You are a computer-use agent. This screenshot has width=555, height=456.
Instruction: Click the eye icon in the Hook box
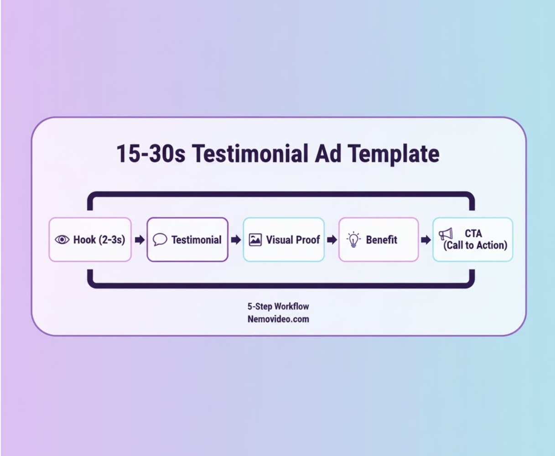pos(62,240)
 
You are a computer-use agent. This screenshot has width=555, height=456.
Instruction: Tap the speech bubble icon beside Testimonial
pos(160,240)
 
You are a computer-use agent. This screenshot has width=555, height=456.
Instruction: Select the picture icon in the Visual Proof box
pos(255,240)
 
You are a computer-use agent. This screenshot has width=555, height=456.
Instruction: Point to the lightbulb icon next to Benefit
pos(353,240)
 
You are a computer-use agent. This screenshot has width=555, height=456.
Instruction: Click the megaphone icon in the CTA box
pos(446,234)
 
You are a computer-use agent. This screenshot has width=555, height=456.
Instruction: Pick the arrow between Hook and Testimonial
pos(139,240)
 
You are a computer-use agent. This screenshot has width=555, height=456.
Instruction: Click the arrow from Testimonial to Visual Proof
pos(236,240)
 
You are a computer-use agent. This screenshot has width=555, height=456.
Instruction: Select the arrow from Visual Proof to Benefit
pos(332,240)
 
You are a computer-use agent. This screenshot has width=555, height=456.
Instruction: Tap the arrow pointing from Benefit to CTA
pos(425,240)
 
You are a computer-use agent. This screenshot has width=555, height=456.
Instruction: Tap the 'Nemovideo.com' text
pos(278,319)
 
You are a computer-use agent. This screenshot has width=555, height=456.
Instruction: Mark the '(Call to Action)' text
pos(475,245)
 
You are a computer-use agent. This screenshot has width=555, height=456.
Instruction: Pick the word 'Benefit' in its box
pos(382,240)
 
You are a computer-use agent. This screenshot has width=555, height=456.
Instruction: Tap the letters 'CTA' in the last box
pos(473,234)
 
